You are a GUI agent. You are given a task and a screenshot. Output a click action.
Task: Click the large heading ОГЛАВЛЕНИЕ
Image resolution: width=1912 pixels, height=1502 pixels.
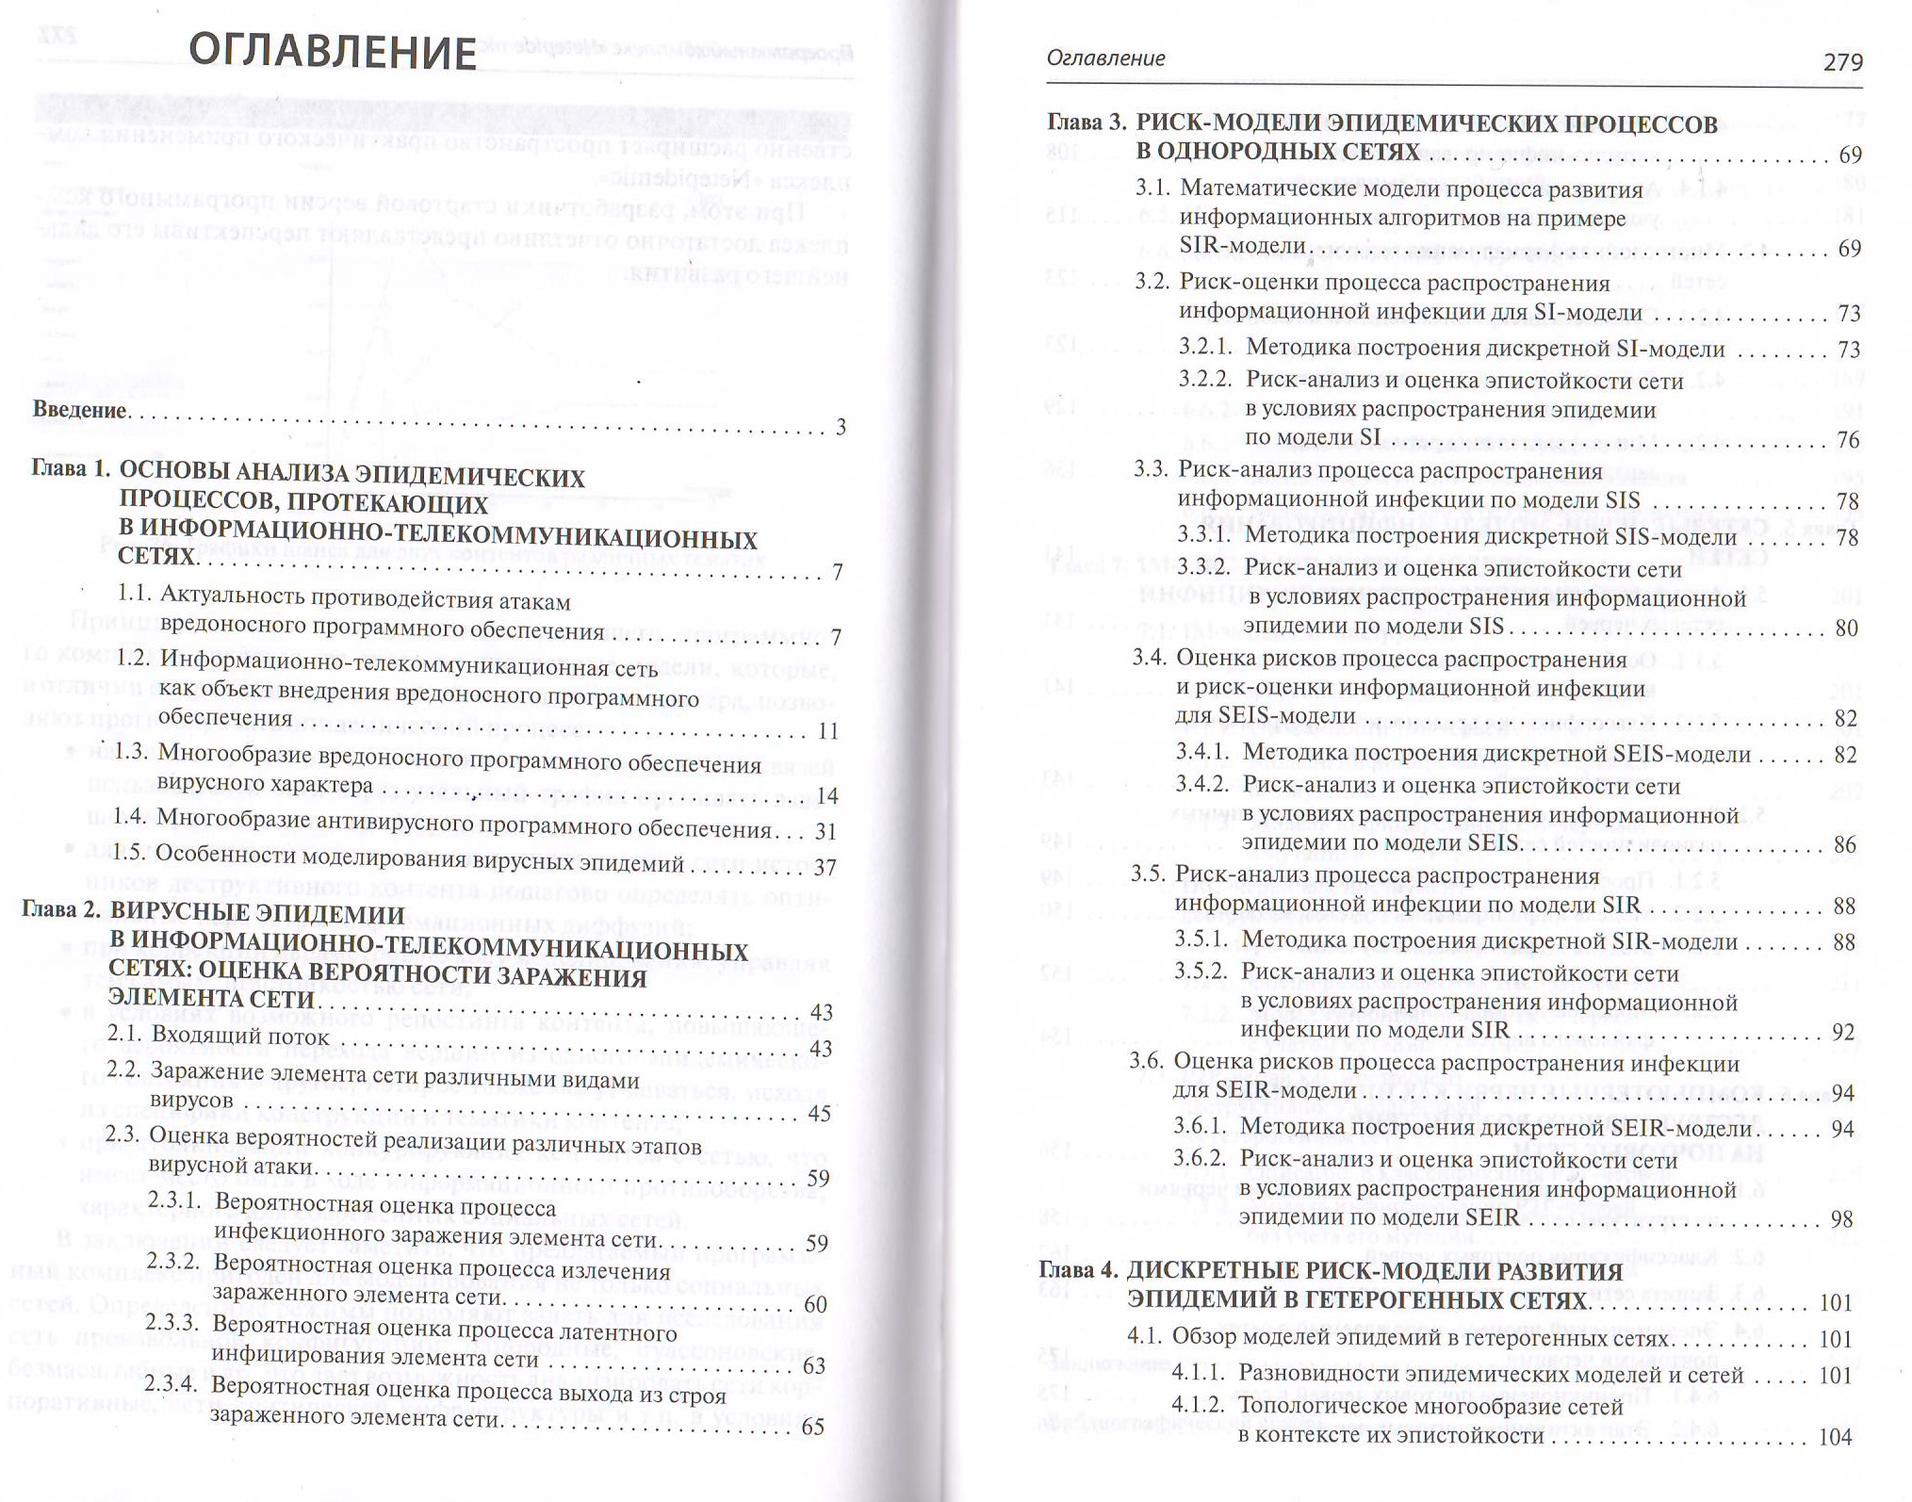coord(333,51)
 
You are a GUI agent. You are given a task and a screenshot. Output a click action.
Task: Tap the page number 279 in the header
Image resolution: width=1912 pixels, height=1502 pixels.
coord(1842,62)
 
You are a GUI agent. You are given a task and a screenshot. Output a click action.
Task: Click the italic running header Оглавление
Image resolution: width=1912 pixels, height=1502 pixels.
coord(1105,58)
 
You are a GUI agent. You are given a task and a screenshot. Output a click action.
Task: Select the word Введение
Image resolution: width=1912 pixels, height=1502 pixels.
coord(79,410)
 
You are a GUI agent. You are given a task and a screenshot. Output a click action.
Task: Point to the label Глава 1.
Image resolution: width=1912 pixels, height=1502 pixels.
coord(72,468)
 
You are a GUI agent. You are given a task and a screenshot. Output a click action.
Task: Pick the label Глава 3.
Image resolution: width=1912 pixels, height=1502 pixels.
coord(1087,123)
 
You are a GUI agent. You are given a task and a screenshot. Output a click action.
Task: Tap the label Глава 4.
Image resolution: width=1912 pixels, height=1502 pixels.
coord(1078,1270)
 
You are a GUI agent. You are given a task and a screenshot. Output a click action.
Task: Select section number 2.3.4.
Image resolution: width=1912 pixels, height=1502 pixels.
coord(172,1384)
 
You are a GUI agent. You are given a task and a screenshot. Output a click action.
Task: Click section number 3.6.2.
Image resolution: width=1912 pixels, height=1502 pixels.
coord(1199,1159)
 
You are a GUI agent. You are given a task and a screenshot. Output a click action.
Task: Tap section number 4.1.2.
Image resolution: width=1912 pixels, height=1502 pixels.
coord(1198,1406)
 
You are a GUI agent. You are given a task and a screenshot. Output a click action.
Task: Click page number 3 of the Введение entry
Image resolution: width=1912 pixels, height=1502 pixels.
coord(841,428)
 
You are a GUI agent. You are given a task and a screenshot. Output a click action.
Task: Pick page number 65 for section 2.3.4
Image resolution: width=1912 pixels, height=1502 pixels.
coord(812,1427)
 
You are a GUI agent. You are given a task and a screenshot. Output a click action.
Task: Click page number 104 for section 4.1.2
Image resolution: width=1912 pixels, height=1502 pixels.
coord(1836,1437)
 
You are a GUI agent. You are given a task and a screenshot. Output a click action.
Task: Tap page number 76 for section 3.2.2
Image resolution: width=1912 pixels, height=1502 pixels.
coord(1848,440)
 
